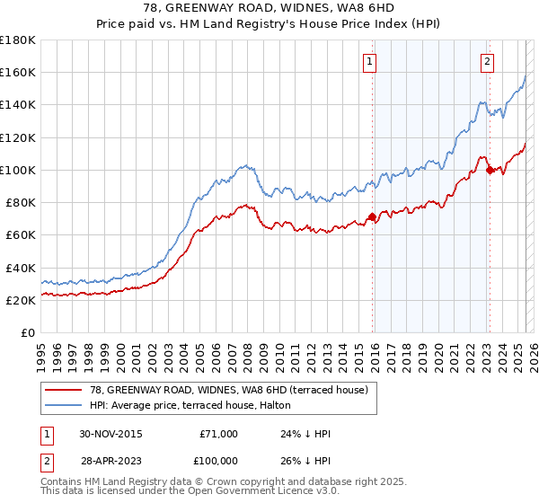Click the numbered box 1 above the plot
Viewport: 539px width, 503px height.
click(x=370, y=62)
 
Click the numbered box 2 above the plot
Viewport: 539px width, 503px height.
click(x=487, y=62)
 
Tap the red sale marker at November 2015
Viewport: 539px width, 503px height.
click(x=372, y=216)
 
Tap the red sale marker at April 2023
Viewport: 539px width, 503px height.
click(x=490, y=169)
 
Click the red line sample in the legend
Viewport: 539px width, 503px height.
click(x=65, y=389)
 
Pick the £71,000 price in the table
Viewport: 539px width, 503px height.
click(x=218, y=434)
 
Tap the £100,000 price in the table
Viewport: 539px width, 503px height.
click(x=216, y=460)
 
